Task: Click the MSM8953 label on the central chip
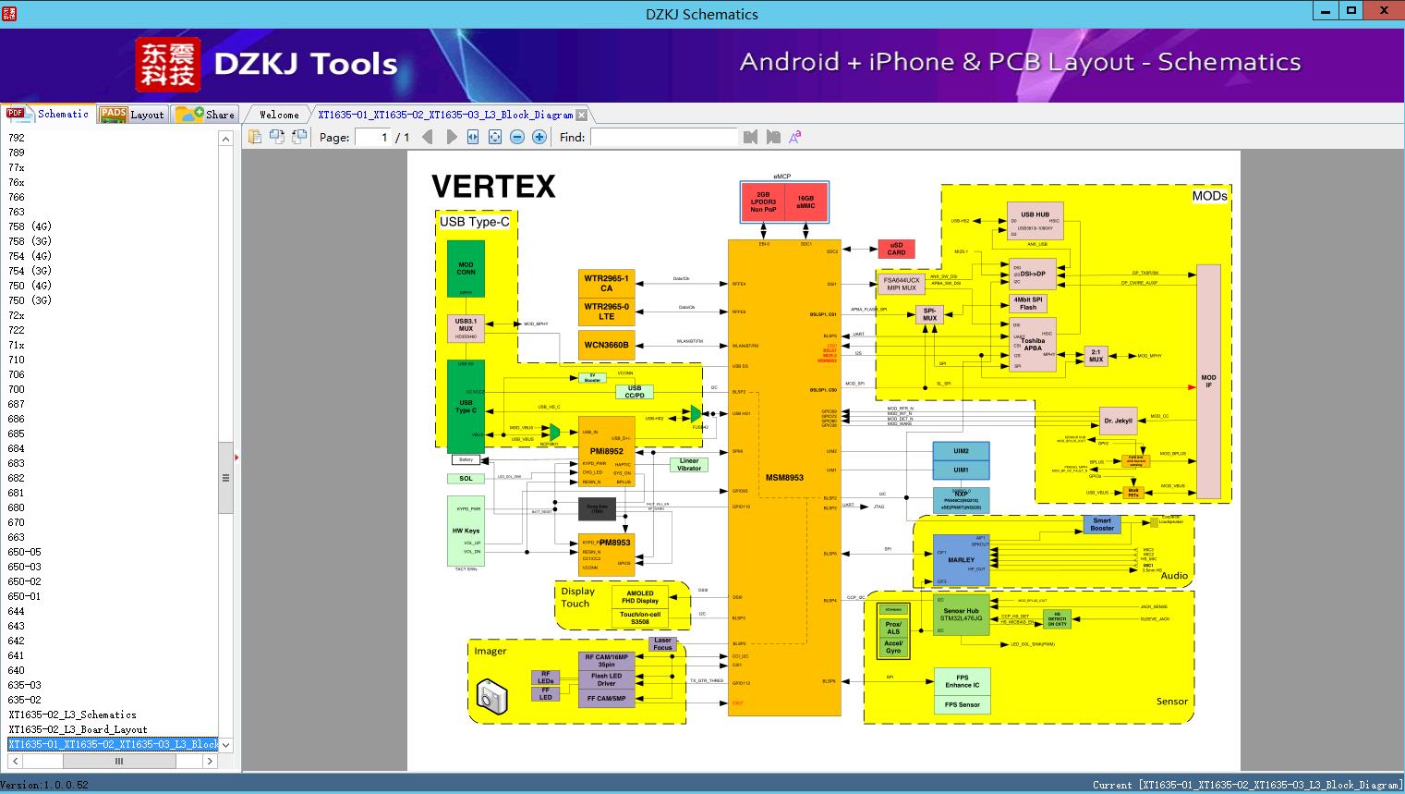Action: pyautogui.click(x=784, y=478)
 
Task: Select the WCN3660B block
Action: pyautogui.click(x=606, y=345)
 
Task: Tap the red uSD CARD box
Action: pyautogui.click(x=896, y=249)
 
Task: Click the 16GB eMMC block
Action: pyautogui.click(x=805, y=202)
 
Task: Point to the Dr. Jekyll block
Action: pyautogui.click(x=1118, y=421)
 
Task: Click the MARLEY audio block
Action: pyautogui.click(x=961, y=560)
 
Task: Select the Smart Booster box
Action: pyautogui.click(x=1102, y=525)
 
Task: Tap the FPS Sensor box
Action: pyautogui.click(x=962, y=704)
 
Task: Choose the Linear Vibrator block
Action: pyautogui.click(x=689, y=464)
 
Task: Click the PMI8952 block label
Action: pyautogui.click(x=606, y=452)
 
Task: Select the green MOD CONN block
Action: pyautogui.click(x=466, y=269)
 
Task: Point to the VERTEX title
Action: pyautogui.click(x=493, y=187)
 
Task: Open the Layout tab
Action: pyautogui.click(x=132, y=115)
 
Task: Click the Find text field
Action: pyautogui.click(x=663, y=137)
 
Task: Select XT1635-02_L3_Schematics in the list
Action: pyautogui.click(x=72, y=715)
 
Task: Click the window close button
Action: pyautogui.click(x=1384, y=11)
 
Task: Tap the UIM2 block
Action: pyautogui.click(x=961, y=452)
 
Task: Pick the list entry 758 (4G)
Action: pyautogui.click(x=30, y=226)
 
